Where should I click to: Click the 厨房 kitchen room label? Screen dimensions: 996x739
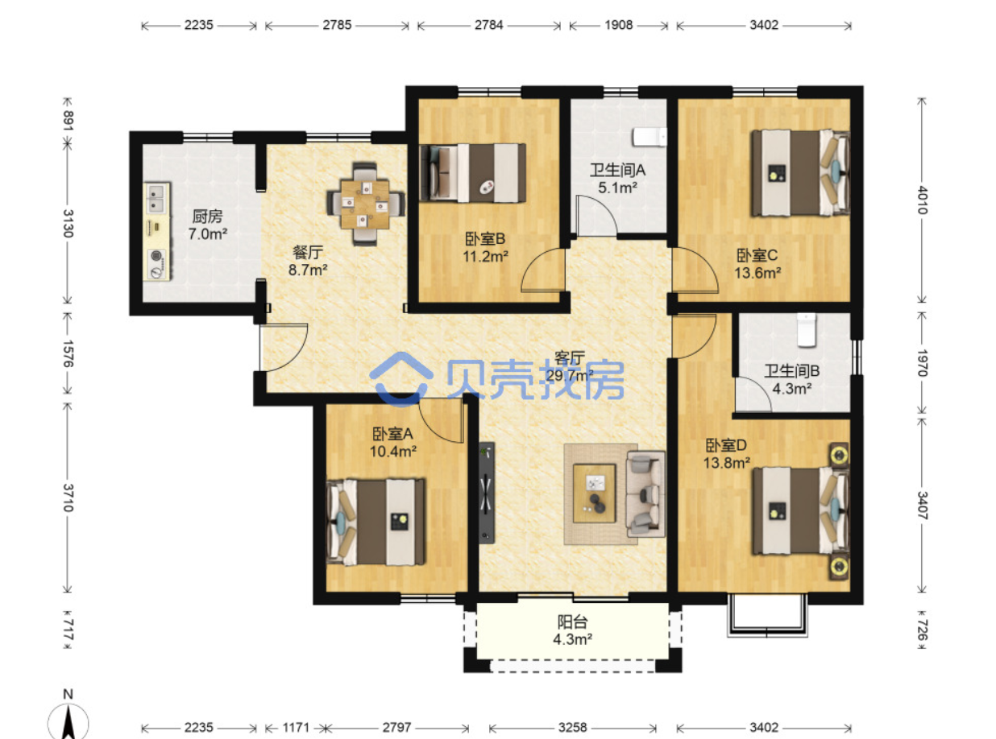click(x=207, y=217)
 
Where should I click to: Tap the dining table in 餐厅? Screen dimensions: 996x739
click(x=364, y=204)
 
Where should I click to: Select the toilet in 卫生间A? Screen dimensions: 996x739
click(x=649, y=137)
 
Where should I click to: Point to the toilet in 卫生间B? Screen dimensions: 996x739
click(x=807, y=330)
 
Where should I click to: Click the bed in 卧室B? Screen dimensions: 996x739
click(x=473, y=173)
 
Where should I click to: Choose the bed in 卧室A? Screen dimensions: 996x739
click(x=376, y=522)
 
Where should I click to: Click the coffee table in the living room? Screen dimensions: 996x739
click(x=594, y=493)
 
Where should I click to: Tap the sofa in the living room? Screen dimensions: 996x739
click(x=645, y=494)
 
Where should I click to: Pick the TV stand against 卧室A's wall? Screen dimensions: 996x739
click(x=487, y=493)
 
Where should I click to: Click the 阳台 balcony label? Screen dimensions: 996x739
click(x=573, y=622)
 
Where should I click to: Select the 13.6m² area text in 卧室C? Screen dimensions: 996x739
click(x=757, y=273)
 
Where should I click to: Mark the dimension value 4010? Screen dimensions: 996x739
click(x=921, y=200)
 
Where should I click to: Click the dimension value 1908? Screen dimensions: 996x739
click(x=618, y=25)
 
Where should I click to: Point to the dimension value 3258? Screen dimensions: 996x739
click(x=573, y=728)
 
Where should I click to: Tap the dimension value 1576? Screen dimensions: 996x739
click(x=68, y=353)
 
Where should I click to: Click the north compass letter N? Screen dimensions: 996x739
click(x=68, y=695)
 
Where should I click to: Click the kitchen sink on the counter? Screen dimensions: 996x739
click(x=156, y=197)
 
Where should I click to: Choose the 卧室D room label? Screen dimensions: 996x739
click(x=726, y=445)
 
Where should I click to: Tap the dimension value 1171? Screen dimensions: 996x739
click(x=296, y=728)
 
